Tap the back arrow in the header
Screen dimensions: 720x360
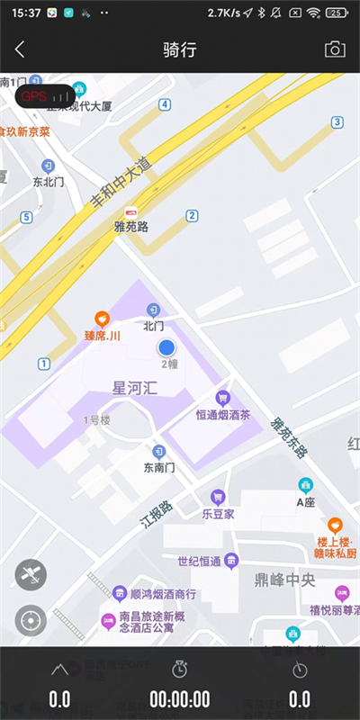click(x=20, y=49)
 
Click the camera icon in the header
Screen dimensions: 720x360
click(x=335, y=49)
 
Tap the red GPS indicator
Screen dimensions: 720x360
click(x=44, y=95)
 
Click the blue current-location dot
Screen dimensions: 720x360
click(x=166, y=347)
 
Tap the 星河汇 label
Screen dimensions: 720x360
click(x=134, y=389)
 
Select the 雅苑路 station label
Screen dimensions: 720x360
click(x=131, y=228)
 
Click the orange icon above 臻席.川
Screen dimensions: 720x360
click(x=103, y=319)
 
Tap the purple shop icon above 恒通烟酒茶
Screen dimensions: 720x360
click(x=222, y=398)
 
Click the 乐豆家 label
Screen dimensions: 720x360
click(x=218, y=515)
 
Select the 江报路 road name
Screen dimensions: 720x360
click(x=154, y=513)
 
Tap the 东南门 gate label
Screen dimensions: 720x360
click(x=159, y=468)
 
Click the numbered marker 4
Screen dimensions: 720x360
click(x=165, y=104)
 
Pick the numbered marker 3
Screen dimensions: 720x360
click(x=337, y=121)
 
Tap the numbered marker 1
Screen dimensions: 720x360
click(x=43, y=364)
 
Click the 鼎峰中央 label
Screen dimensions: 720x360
click(x=284, y=580)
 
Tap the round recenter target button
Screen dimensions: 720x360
click(x=31, y=620)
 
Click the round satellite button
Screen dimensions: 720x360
click(x=31, y=574)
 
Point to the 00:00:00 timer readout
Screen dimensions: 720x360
click(x=180, y=699)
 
